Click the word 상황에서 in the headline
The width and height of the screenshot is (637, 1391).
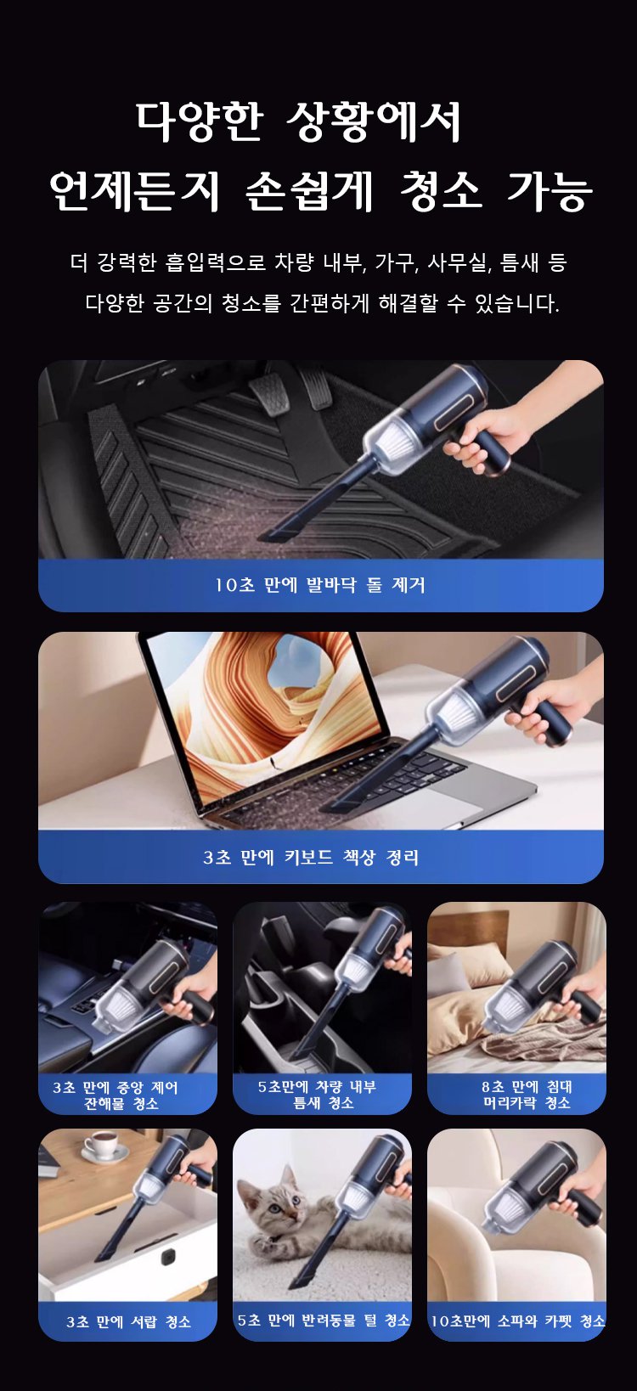(x=374, y=121)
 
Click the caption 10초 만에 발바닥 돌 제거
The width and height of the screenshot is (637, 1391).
(x=320, y=585)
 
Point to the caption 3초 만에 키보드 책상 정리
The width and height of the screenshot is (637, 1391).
(x=311, y=858)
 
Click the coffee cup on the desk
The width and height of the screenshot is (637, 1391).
(x=104, y=1144)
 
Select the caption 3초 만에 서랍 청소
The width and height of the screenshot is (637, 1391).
(x=128, y=1322)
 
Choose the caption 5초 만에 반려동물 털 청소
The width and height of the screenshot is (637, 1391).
(x=323, y=1321)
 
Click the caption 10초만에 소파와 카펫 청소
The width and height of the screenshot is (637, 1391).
(x=517, y=1321)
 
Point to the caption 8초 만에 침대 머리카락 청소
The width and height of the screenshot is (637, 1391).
(x=527, y=1095)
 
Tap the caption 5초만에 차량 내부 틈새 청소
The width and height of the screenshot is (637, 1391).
(x=318, y=1095)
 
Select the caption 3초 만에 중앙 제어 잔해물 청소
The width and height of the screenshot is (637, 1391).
(x=116, y=1095)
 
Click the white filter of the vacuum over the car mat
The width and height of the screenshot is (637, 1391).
(x=394, y=442)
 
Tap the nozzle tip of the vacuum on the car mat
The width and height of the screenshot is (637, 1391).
(x=273, y=533)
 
